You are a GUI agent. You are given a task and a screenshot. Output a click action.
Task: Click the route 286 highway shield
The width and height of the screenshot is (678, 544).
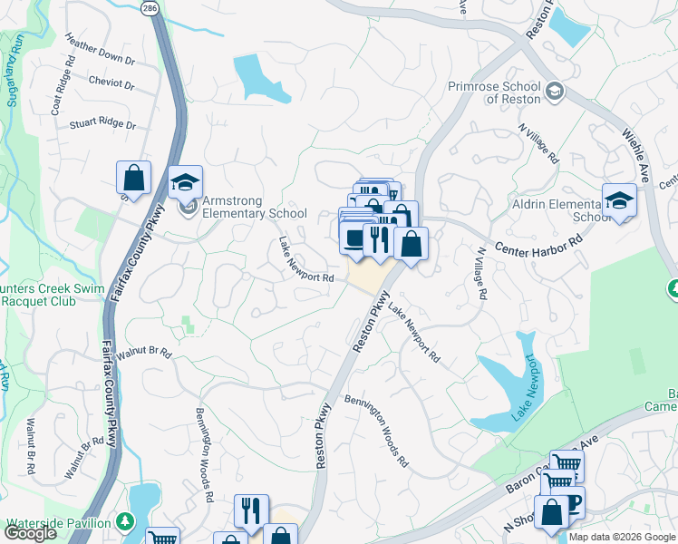coord(148,7)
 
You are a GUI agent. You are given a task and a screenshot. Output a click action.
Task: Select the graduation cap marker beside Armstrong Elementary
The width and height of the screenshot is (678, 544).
coord(185,182)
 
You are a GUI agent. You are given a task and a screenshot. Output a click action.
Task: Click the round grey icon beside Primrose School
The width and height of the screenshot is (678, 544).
coord(554,92)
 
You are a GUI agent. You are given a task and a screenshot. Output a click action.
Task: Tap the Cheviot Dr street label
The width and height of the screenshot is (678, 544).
coord(111,85)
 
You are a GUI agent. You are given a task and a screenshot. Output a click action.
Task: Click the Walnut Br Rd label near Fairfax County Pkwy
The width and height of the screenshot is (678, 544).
coord(143,353)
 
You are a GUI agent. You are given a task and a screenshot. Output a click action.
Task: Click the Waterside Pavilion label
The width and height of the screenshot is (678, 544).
coord(59,523)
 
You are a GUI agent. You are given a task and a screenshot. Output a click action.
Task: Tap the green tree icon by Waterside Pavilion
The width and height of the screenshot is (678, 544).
coord(126,522)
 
